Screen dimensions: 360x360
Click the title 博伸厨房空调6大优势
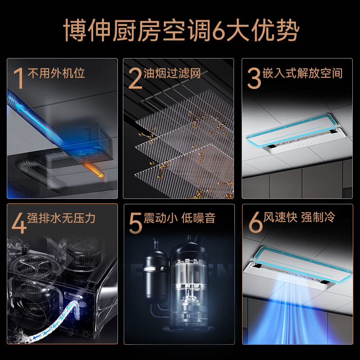[180, 30]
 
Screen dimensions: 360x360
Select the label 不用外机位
[56, 73]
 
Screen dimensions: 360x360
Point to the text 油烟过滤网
[172, 73]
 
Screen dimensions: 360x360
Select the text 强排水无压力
[62, 218]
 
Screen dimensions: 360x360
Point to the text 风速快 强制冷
[300, 218]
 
